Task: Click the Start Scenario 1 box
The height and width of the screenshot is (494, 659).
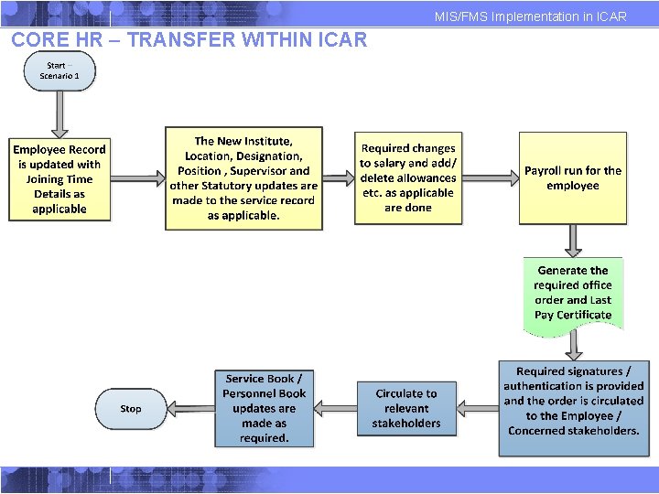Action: click(x=59, y=71)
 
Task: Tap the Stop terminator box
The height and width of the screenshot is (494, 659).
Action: click(x=131, y=409)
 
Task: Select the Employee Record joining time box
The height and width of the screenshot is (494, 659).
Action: click(x=59, y=179)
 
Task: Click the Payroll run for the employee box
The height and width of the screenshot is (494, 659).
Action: click(x=573, y=178)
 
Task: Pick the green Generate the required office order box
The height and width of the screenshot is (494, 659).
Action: click(x=573, y=293)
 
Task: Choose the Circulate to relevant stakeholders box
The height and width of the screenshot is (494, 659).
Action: click(x=406, y=408)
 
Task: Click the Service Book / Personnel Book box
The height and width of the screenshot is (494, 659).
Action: click(x=265, y=408)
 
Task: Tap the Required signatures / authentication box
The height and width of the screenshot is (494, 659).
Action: click(x=573, y=401)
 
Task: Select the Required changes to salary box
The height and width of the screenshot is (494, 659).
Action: click(x=407, y=178)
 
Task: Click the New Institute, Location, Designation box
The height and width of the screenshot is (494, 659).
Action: click(x=243, y=178)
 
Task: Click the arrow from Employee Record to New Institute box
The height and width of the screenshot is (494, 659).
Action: click(x=137, y=179)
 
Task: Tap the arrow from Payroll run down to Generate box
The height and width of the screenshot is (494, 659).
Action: click(x=573, y=241)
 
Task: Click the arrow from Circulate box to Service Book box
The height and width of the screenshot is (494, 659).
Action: click(x=335, y=409)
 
